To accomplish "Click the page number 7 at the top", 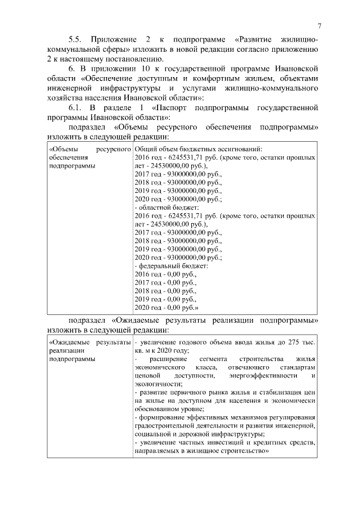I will pyautogui.click(x=319, y=25).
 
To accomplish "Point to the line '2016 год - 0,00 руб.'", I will pyautogui.click(x=166, y=273).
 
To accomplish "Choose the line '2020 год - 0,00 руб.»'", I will pyautogui.click(x=167, y=308).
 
